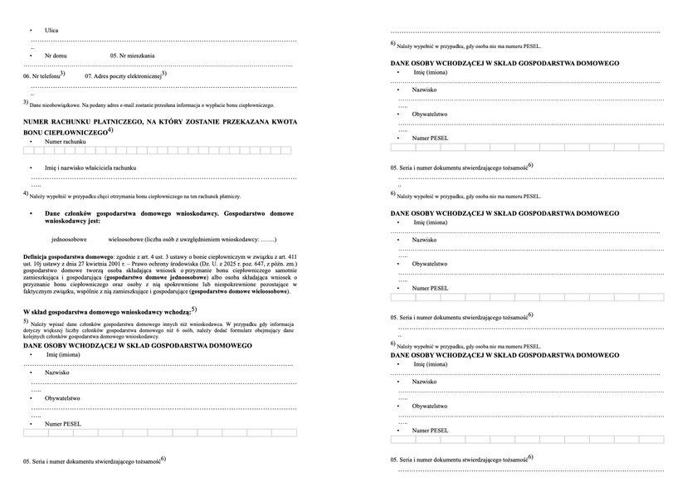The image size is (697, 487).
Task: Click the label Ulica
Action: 51,30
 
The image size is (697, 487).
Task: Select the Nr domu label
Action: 56,56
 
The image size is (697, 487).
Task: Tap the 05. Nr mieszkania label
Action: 132,56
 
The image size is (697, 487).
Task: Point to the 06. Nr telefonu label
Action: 41,75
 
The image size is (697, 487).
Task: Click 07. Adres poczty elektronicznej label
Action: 125,75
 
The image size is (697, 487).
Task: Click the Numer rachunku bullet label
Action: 66,142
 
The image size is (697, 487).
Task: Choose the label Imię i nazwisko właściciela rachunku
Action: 90,168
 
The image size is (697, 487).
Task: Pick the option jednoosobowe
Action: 69,239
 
